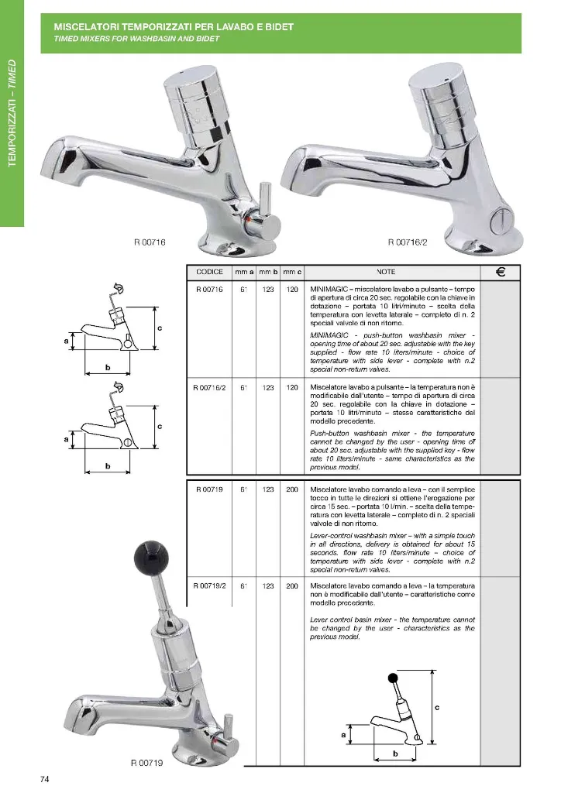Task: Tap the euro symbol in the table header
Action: pyautogui.click(x=501, y=272)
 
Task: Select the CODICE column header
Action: pyautogui.click(x=209, y=272)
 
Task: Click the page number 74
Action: pyautogui.click(x=44, y=779)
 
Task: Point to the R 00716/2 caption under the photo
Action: pyautogui.click(x=408, y=242)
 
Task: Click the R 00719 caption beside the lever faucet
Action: pyautogui.click(x=147, y=763)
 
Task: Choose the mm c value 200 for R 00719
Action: pyautogui.click(x=292, y=489)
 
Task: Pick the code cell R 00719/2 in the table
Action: pyautogui.click(x=209, y=586)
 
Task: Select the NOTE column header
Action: pyautogui.click(x=386, y=272)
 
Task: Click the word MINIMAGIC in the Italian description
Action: pyautogui.click(x=329, y=290)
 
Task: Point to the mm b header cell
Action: pyautogui.click(x=268, y=272)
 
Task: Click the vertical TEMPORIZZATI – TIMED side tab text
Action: pyautogui.click(x=12, y=113)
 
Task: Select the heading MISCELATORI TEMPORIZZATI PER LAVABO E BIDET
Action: pyautogui.click(x=174, y=27)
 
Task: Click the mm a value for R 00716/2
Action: pyautogui.click(x=244, y=388)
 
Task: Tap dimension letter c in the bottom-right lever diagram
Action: pyautogui.click(x=437, y=707)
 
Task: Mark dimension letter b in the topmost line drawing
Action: pyautogui.click(x=108, y=368)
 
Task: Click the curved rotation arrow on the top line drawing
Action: pyautogui.click(x=120, y=289)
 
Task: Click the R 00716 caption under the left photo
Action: pyautogui.click(x=150, y=242)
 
